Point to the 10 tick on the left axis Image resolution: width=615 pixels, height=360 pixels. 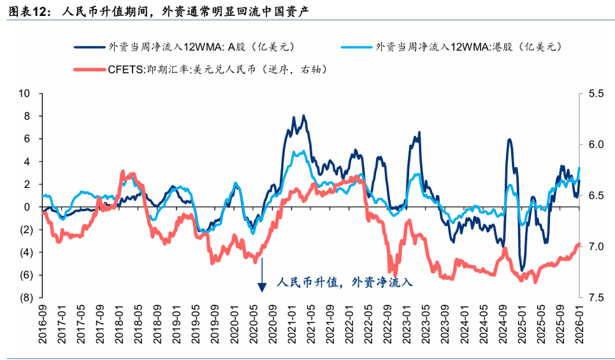coord(25,94)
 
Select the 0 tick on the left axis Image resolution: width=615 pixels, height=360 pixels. coord(27,207)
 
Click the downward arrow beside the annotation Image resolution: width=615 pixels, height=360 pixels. coord(261,280)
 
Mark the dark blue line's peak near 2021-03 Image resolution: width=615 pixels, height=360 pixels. coord(303,116)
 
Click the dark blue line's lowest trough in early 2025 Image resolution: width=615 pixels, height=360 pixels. coord(522,270)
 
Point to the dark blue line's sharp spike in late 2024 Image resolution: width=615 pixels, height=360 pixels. coord(509,140)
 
